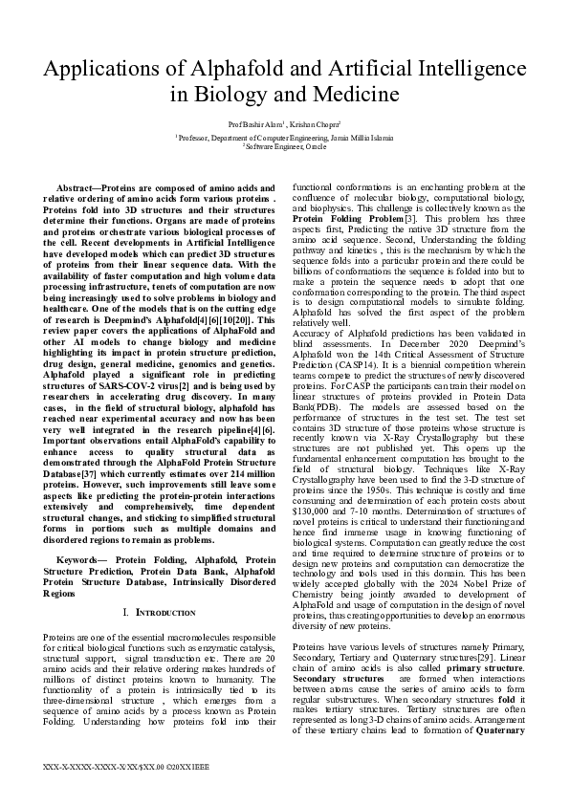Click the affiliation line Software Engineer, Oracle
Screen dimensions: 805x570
[286, 146]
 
